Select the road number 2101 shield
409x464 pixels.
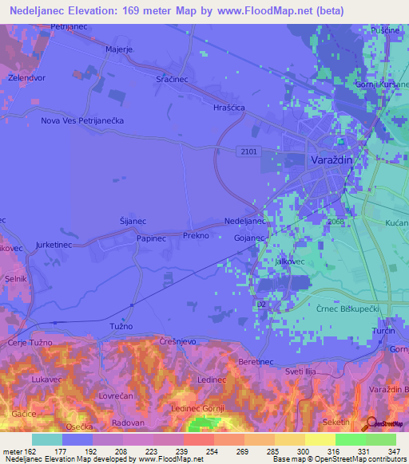(x=247, y=150)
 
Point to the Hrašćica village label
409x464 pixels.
(x=228, y=107)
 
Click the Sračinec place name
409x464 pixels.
(x=173, y=80)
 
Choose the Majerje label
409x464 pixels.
(x=118, y=49)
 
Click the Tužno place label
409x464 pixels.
(x=120, y=327)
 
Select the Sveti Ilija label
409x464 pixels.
(x=310, y=372)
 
